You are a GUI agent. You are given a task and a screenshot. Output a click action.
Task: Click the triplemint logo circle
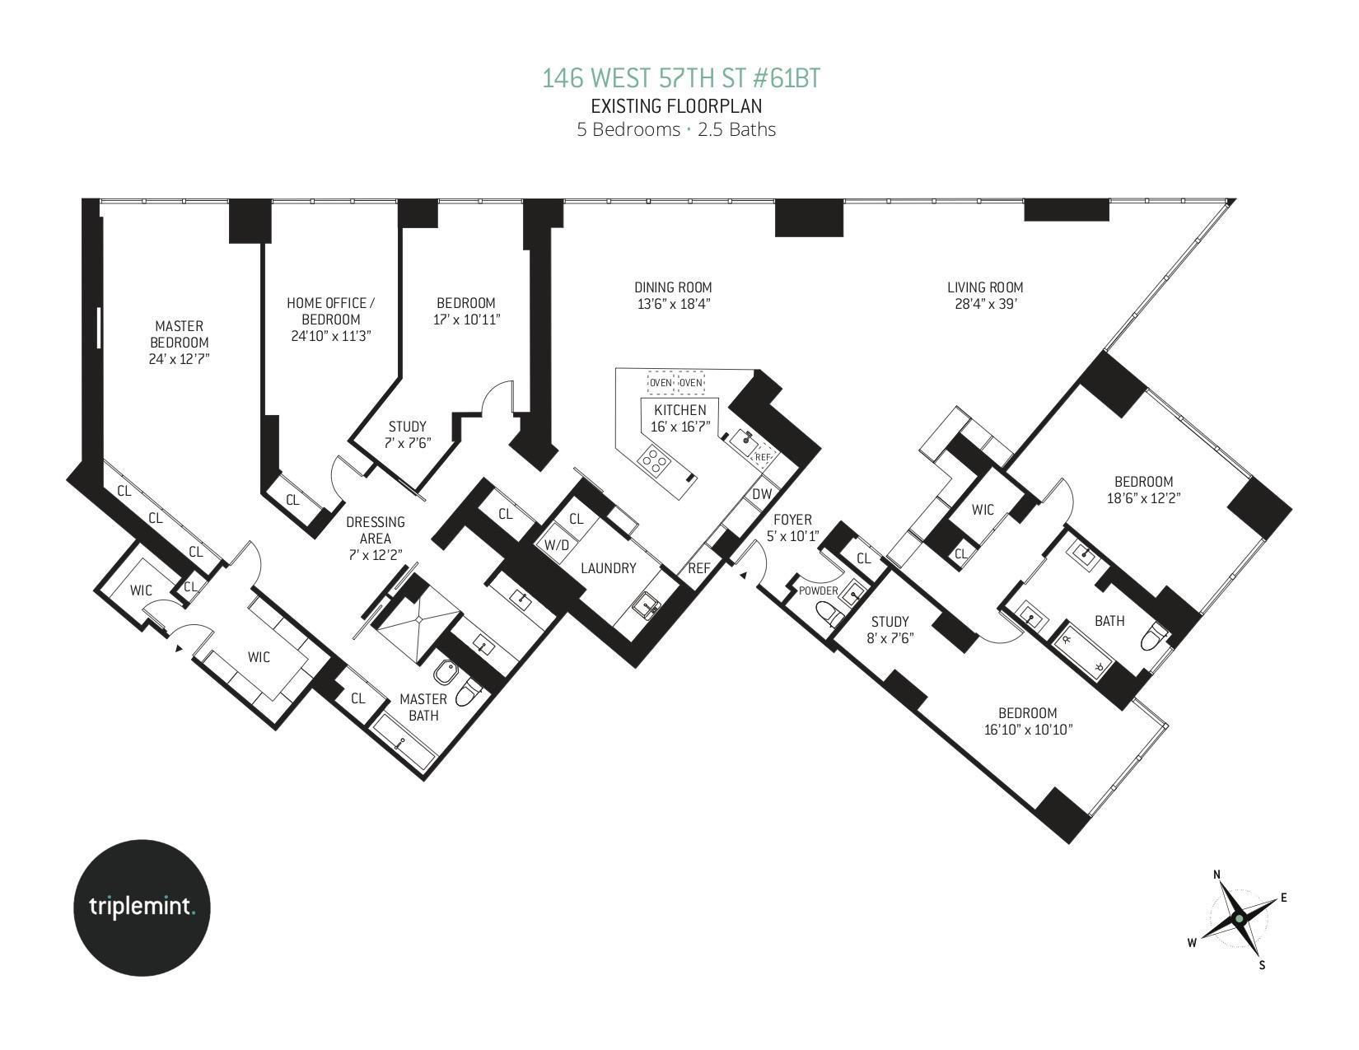[x=142, y=908]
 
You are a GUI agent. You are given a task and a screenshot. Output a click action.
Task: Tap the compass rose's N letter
[x=1217, y=875]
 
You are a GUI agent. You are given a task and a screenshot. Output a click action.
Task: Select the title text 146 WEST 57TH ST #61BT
[x=680, y=79]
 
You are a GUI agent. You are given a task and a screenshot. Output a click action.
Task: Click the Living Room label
[x=985, y=287]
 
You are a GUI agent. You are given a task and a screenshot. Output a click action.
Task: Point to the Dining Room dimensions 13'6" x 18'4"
[x=673, y=304]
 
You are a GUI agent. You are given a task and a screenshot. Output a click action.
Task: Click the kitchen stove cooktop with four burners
[x=654, y=461]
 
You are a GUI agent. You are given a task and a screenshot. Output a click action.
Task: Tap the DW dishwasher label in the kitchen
[x=762, y=494]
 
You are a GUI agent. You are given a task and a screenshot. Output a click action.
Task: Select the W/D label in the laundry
[x=557, y=545]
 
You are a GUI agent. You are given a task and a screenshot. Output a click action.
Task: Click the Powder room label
[x=818, y=591]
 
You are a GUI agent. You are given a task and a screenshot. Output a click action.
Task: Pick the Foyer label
[x=792, y=520]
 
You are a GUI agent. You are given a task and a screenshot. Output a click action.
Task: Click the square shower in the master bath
[x=417, y=619]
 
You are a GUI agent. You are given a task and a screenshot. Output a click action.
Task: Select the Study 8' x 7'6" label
[x=890, y=630]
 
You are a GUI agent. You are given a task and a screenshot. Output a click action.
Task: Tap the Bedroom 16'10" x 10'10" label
[x=1028, y=721]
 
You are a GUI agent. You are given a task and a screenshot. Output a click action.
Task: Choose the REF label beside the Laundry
[x=699, y=568]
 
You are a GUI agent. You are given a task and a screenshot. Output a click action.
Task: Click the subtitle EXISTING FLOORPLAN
[x=676, y=106]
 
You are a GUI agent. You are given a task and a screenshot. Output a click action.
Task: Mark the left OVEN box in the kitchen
[x=661, y=383]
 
